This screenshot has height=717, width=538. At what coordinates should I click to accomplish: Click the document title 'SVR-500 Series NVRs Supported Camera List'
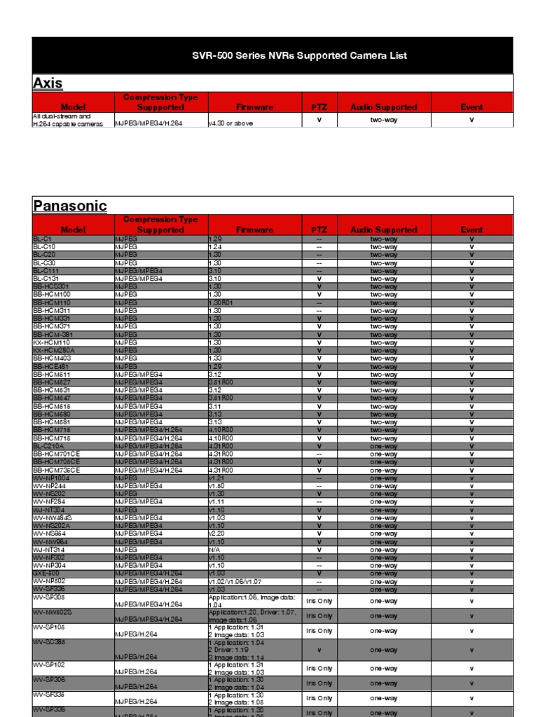[x=299, y=55]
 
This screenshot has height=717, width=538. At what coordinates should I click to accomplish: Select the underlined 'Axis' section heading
[x=48, y=83]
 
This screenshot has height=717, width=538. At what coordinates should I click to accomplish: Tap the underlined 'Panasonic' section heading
[x=70, y=206]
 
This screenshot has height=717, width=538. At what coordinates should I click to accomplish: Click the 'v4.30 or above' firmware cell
[x=230, y=123]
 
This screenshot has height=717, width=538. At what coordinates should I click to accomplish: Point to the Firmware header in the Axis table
[x=254, y=107]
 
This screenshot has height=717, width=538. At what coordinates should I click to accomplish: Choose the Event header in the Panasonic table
[x=471, y=230]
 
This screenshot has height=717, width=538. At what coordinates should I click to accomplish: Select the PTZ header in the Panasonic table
[x=319, y=230]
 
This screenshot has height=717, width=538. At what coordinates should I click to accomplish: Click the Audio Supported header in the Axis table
[x=383, y=107]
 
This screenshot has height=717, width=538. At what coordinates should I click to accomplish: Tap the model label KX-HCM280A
[x=54, y=350]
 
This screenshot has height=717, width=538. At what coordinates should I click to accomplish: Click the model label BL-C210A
[x=48, y=446]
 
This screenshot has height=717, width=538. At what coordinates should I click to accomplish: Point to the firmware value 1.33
[x=215, y=358]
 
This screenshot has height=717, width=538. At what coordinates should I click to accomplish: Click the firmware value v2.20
[x=217, y=534]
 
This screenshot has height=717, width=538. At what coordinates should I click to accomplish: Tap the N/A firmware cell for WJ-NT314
[x=214, y=550]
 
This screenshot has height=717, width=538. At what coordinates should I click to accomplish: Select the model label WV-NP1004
[x=50, y=478]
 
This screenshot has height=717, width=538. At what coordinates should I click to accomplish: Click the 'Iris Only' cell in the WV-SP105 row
[x=319, y=631]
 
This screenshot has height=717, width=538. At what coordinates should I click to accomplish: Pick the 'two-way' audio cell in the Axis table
[x=383, y=120]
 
